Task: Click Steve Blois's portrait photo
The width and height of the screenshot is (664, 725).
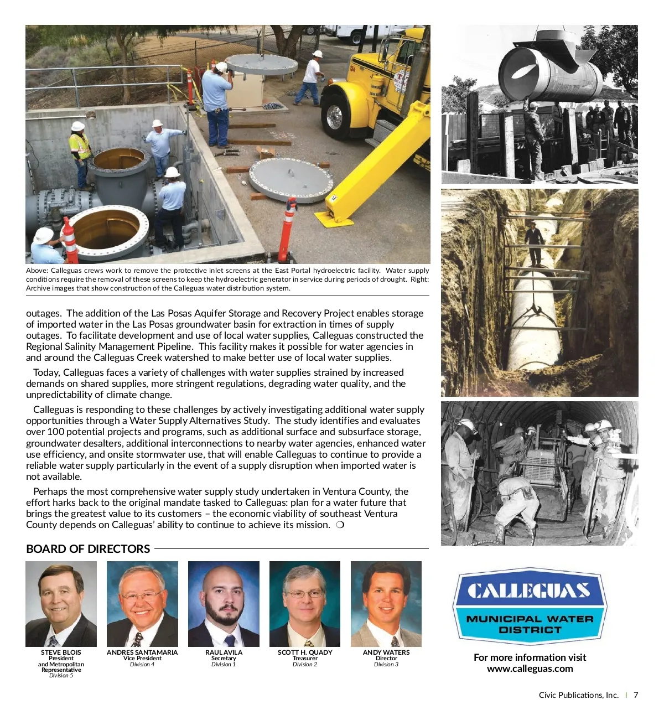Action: click(61, 604)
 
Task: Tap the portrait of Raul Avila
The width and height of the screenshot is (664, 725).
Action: click(224, 604)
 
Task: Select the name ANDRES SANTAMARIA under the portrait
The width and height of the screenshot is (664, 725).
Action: click(142, 652)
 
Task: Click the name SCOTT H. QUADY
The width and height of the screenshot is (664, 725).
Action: click(305, 652)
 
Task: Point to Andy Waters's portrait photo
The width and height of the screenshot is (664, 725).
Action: click(386, 604)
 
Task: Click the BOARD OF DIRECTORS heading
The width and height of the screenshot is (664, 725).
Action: click(88, 549)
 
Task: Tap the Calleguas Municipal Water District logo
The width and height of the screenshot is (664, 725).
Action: click(530, 606)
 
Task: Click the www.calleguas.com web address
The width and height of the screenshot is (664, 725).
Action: click(530, 669)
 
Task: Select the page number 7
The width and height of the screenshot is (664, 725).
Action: click(636, 695)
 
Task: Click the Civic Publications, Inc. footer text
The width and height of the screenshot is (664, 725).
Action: click(578, 695)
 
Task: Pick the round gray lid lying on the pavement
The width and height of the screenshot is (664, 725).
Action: click(290, 180)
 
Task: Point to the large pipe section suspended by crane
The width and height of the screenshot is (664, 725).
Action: click(551, 72)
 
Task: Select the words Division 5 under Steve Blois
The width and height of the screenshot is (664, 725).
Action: click(61, 676)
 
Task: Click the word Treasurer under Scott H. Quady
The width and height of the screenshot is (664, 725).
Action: click(305, 659)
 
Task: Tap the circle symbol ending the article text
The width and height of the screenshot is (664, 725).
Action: click(340, 525)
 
